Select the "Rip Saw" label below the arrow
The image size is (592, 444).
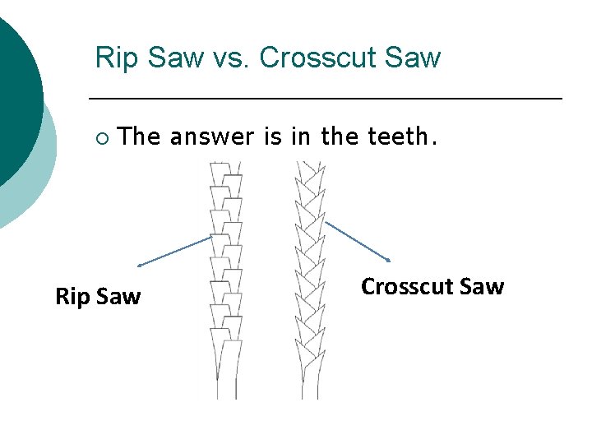[98, 296]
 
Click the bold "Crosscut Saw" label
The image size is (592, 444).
[432, 286]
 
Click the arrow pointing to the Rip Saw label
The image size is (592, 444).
[174, 251]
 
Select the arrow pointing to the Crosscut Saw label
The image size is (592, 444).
[358, 241]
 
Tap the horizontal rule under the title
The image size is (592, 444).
[325, 99]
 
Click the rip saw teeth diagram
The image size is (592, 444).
[225, 263]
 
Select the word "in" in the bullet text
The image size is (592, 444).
[299, 137]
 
